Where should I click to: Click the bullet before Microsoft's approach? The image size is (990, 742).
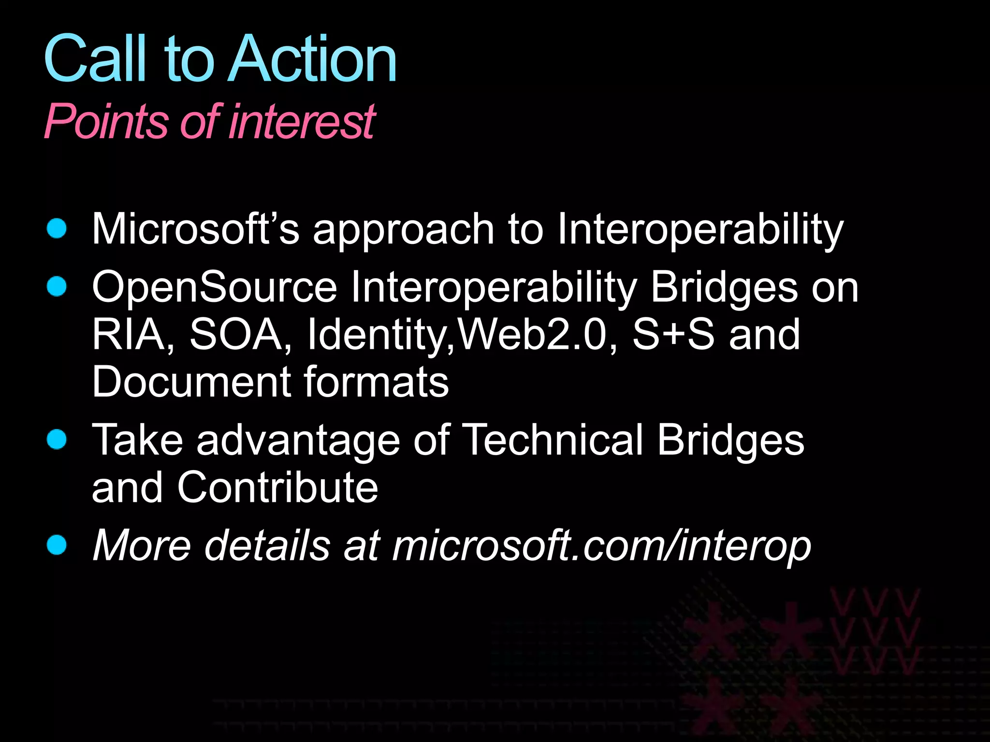pos(57,228)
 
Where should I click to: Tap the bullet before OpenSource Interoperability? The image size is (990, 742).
pos(57,286)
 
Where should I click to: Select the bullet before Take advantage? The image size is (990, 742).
pos(57,440)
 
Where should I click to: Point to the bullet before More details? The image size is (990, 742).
pos(57,545)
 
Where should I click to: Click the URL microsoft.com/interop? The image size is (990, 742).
pos(601,546)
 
